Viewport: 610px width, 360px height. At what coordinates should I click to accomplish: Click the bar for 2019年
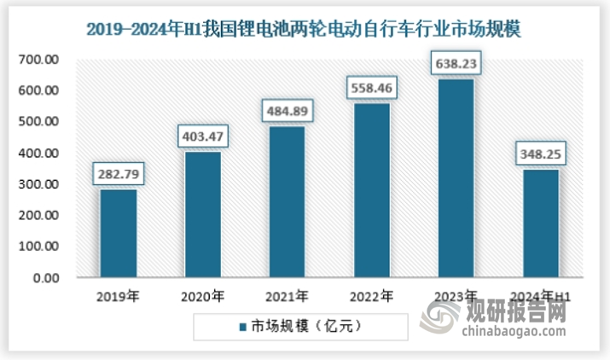point(118,233)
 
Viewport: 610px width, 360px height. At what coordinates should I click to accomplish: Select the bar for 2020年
point(202,214)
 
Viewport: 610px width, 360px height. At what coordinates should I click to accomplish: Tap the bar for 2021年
point(287,201)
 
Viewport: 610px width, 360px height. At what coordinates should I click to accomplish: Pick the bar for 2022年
point(371,190)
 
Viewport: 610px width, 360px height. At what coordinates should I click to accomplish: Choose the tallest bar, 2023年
point(456,177)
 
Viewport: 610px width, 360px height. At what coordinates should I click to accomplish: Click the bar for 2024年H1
point(540,223)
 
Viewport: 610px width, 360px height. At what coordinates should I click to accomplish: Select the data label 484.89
point(287,112)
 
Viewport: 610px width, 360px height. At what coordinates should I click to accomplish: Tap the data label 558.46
point(371,89)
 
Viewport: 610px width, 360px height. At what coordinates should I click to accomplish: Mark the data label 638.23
point(456,64)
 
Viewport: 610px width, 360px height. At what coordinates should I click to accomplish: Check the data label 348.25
point(540,155)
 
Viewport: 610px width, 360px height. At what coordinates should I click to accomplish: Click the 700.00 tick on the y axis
point(40,59)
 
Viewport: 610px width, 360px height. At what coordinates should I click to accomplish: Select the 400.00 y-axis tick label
point(40,153)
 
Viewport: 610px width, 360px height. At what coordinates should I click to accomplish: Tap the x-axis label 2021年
point(287,298)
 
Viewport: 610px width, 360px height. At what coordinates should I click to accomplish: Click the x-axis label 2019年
point(118,298)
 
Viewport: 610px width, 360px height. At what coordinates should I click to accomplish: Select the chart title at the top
point(304,28)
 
